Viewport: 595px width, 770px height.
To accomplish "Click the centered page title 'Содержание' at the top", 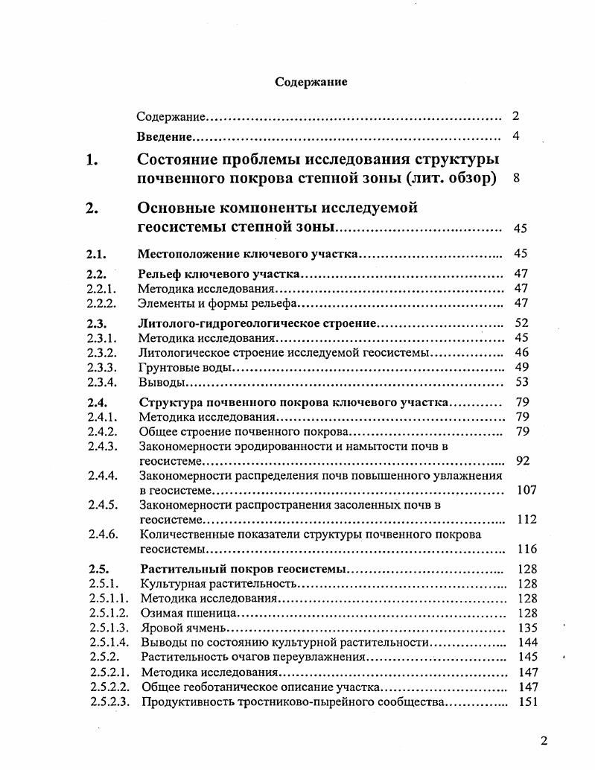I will [311, 82].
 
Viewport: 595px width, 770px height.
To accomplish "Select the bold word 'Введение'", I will [165, 137].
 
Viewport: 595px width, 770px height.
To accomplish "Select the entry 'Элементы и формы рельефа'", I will [218, 303].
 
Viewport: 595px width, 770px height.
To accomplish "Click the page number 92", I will [522, 461].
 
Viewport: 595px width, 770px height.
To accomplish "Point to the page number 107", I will [526, 490].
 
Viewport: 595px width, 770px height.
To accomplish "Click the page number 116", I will [526, 549].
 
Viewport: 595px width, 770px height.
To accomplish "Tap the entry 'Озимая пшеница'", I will [188, 613].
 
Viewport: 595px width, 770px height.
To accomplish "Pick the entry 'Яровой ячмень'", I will [182, 628].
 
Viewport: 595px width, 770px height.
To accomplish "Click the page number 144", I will [526, 642].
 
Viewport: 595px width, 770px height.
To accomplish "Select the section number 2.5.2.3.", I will [110, 701].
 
